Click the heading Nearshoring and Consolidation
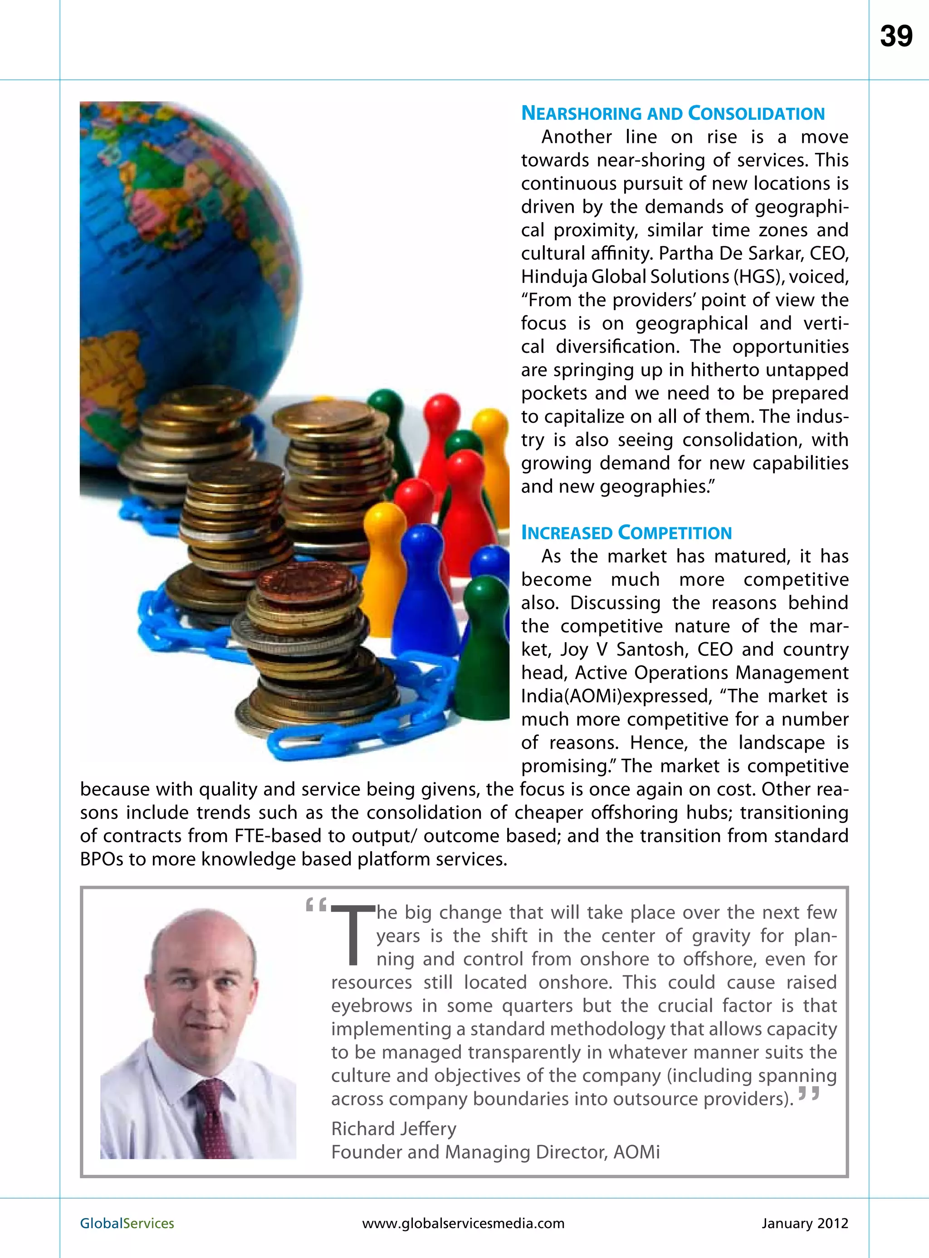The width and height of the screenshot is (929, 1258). pos(673,113)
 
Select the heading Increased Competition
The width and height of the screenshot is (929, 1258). pos(626,532)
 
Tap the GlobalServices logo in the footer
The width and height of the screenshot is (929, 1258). pos(127,1223)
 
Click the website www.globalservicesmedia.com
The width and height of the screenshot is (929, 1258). pos(464,1223)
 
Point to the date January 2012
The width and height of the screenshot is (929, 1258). pos(804,1223)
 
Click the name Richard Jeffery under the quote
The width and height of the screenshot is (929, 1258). pos(394,1128)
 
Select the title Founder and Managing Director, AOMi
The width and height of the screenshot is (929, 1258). pos(495,1152)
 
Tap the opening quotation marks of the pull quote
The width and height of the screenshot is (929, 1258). pos(315,906)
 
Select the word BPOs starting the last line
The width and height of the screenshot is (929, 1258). pos(101,859)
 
